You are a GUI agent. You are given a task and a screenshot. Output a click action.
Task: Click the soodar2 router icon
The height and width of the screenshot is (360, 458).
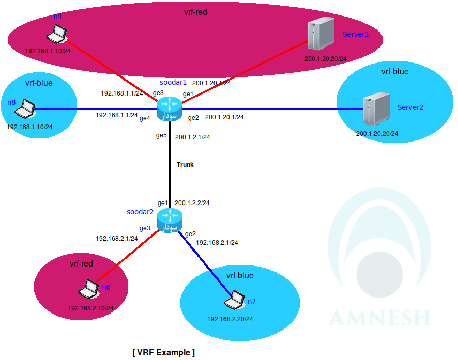pos(170,221)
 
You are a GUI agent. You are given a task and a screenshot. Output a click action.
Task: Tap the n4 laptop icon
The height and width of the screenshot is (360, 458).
pos(56,35)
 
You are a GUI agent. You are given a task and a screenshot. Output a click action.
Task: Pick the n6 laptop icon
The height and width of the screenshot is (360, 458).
pos(89,288)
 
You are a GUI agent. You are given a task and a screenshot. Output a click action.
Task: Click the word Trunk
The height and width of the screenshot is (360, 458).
pos(185,165)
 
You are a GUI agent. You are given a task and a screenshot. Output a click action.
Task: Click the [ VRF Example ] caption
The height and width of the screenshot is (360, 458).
pos(164,353)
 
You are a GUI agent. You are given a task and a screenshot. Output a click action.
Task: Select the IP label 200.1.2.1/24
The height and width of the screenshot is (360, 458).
pos(192,137)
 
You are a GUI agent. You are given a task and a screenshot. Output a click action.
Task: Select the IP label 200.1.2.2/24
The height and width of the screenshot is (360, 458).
pos(192,203)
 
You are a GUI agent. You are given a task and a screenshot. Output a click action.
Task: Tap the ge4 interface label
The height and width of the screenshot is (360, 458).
pos(145,118)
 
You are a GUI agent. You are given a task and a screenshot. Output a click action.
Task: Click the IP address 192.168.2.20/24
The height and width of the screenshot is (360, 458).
pos(230,319)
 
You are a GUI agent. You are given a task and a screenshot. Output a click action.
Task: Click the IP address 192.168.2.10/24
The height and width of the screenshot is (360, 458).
pos(91,308)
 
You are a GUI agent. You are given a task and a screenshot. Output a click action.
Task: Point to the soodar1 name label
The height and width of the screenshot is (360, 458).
pos(173,82)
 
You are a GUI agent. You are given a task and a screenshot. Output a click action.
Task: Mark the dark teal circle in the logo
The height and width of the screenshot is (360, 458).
pos(379,274)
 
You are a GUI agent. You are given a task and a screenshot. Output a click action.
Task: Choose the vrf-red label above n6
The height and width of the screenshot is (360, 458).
pos(81,264)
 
